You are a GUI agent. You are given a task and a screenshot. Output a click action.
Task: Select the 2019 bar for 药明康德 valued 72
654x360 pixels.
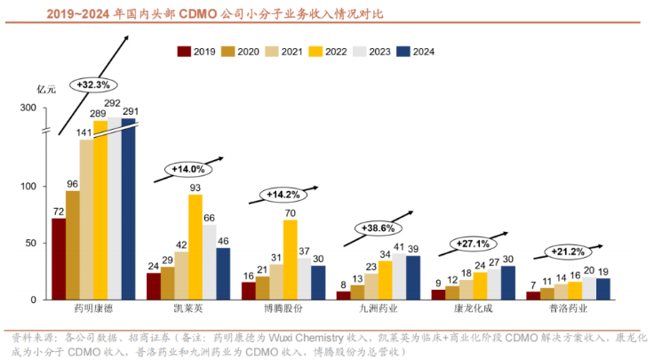click(x=59, y=259)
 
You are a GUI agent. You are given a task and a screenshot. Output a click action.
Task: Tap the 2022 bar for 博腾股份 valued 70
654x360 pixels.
click(x=291, y=260)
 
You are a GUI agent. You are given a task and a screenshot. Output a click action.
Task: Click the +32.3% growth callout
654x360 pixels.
click(x=92, y=85)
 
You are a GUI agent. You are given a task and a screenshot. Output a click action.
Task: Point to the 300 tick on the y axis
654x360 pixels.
click(x=28, y=108)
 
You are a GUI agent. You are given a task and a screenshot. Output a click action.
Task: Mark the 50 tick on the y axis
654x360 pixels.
click(x=31, y=243)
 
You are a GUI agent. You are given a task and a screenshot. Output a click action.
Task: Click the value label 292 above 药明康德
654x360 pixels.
click(x=113, y=104)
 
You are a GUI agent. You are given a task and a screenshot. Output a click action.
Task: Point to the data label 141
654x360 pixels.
click(x=85, y=132)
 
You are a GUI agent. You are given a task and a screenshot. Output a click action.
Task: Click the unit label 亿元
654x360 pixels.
click(x=45, y=89)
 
